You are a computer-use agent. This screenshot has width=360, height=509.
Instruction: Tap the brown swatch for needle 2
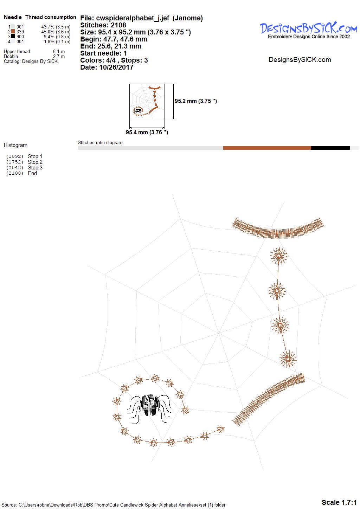[x=13, y=32]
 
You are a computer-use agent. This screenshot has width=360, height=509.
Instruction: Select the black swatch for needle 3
[x=13, y=36]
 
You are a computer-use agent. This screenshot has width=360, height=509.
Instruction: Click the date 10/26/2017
[x=116, y=67]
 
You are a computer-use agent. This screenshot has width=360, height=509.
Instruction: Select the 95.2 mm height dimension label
[x=196, y=101]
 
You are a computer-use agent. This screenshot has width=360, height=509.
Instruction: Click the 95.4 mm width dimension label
[x=147, y=132]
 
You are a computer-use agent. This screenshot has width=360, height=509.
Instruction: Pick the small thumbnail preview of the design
[x=147, y=101]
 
